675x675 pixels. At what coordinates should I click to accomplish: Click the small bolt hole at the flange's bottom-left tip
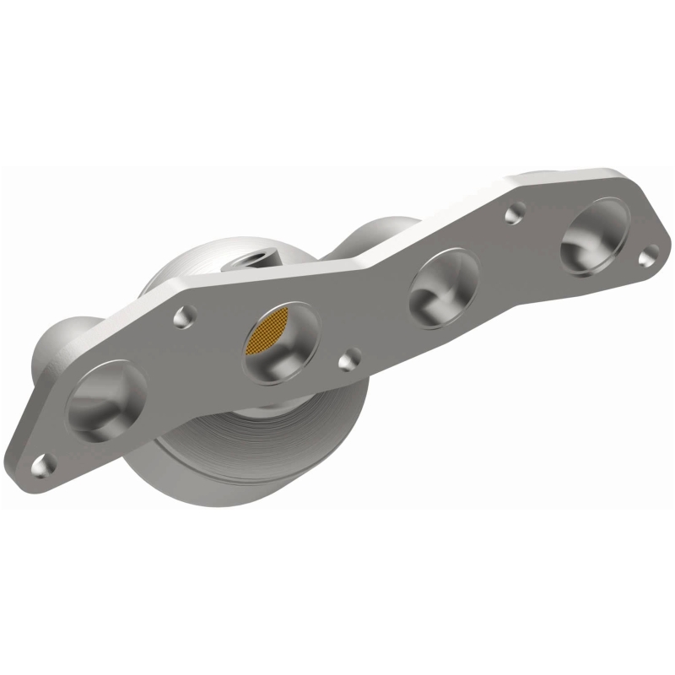click(42, 463)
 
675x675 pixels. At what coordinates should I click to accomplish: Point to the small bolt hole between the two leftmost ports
click(185, 316)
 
